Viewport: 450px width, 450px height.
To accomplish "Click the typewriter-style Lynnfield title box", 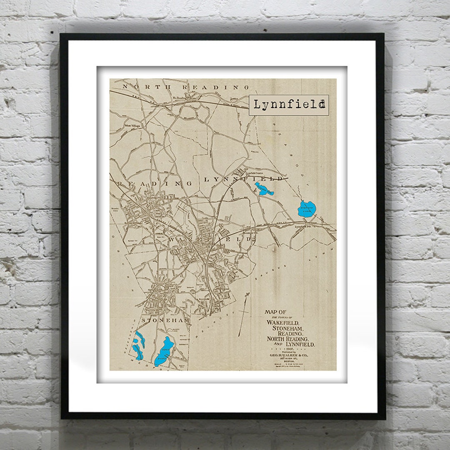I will click(289, 105).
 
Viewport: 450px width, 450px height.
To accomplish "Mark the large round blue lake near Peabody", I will click(307, 209).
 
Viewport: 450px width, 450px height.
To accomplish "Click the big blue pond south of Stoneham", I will click(163, 351).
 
